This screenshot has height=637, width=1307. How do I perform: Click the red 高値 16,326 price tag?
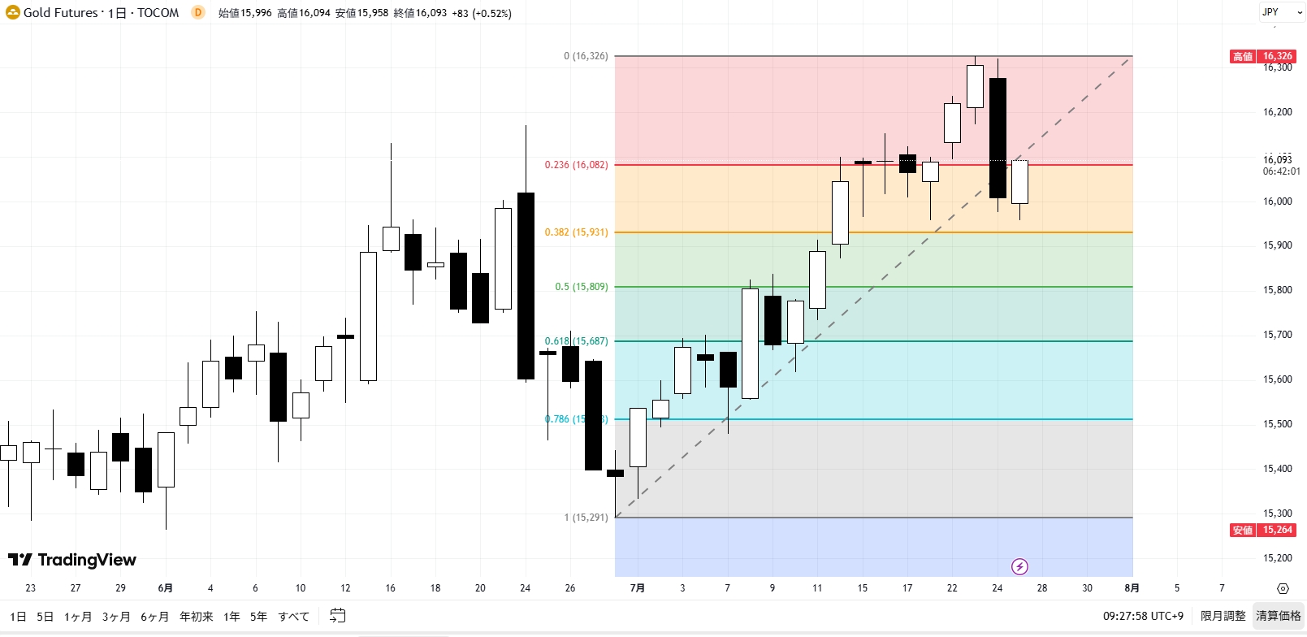coord(1262,56)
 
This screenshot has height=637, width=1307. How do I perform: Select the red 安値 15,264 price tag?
coord(1262,530)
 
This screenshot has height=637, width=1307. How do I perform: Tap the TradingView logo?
coord(72,560)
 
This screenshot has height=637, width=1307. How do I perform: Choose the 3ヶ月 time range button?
coord(116,617)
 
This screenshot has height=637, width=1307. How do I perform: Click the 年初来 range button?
coord(197,617)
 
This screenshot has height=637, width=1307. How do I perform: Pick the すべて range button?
coord(293,617)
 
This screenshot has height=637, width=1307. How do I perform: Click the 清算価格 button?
coord(1279,616)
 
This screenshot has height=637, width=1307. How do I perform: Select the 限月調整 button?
coord(1223,616)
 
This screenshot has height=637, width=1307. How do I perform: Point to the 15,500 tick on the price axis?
coord(1277,424)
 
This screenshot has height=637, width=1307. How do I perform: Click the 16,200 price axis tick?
coord(1277,112)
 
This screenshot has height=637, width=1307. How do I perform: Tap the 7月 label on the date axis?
coord(638,588)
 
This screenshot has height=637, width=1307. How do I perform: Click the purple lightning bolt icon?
coord(1019,566)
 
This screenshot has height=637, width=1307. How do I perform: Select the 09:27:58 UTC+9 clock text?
coord(1143,616)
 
